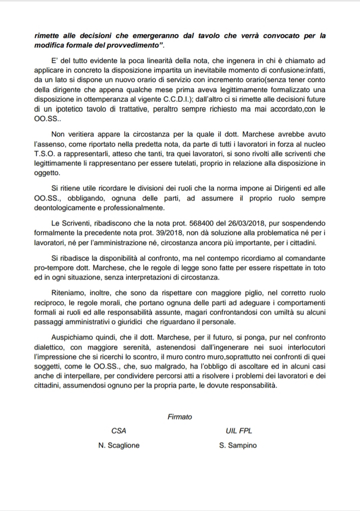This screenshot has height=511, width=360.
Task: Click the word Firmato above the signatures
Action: point(180,416)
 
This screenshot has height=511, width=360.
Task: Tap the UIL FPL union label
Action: point(237,430)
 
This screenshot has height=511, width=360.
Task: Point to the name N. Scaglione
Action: point(118,445)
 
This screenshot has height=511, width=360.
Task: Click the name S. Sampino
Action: point(237,445)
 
